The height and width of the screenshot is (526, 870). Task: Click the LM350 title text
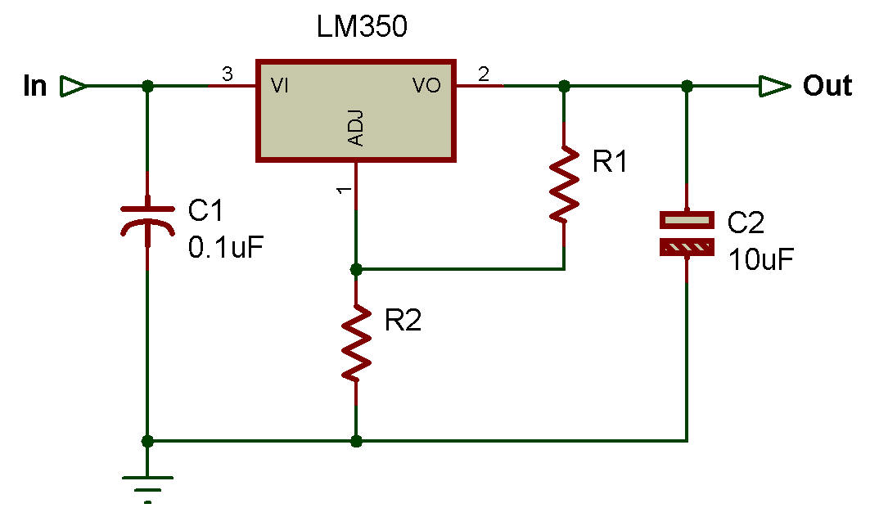click(x=362, y=29)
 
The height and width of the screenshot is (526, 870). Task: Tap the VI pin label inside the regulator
click(x=280, y=86)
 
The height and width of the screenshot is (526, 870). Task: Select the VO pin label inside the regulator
click(x=427, y=86)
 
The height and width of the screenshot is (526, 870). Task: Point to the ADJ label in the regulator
click(x=356, y=130)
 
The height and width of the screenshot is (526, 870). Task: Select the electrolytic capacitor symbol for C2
click(x=687, y=233)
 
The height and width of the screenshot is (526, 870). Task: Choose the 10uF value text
click(x=760, y=260)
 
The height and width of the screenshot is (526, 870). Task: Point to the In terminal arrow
click(x=73, y=86)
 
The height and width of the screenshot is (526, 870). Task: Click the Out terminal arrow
click(x=773, y=86)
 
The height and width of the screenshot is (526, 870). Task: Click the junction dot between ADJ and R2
click(x=356, y=269)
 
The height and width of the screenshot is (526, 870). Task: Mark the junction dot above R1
click(x=564, y=86)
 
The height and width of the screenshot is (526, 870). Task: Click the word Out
click(x=827, y=86)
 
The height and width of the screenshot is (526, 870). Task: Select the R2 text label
click(x=403, y=321)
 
